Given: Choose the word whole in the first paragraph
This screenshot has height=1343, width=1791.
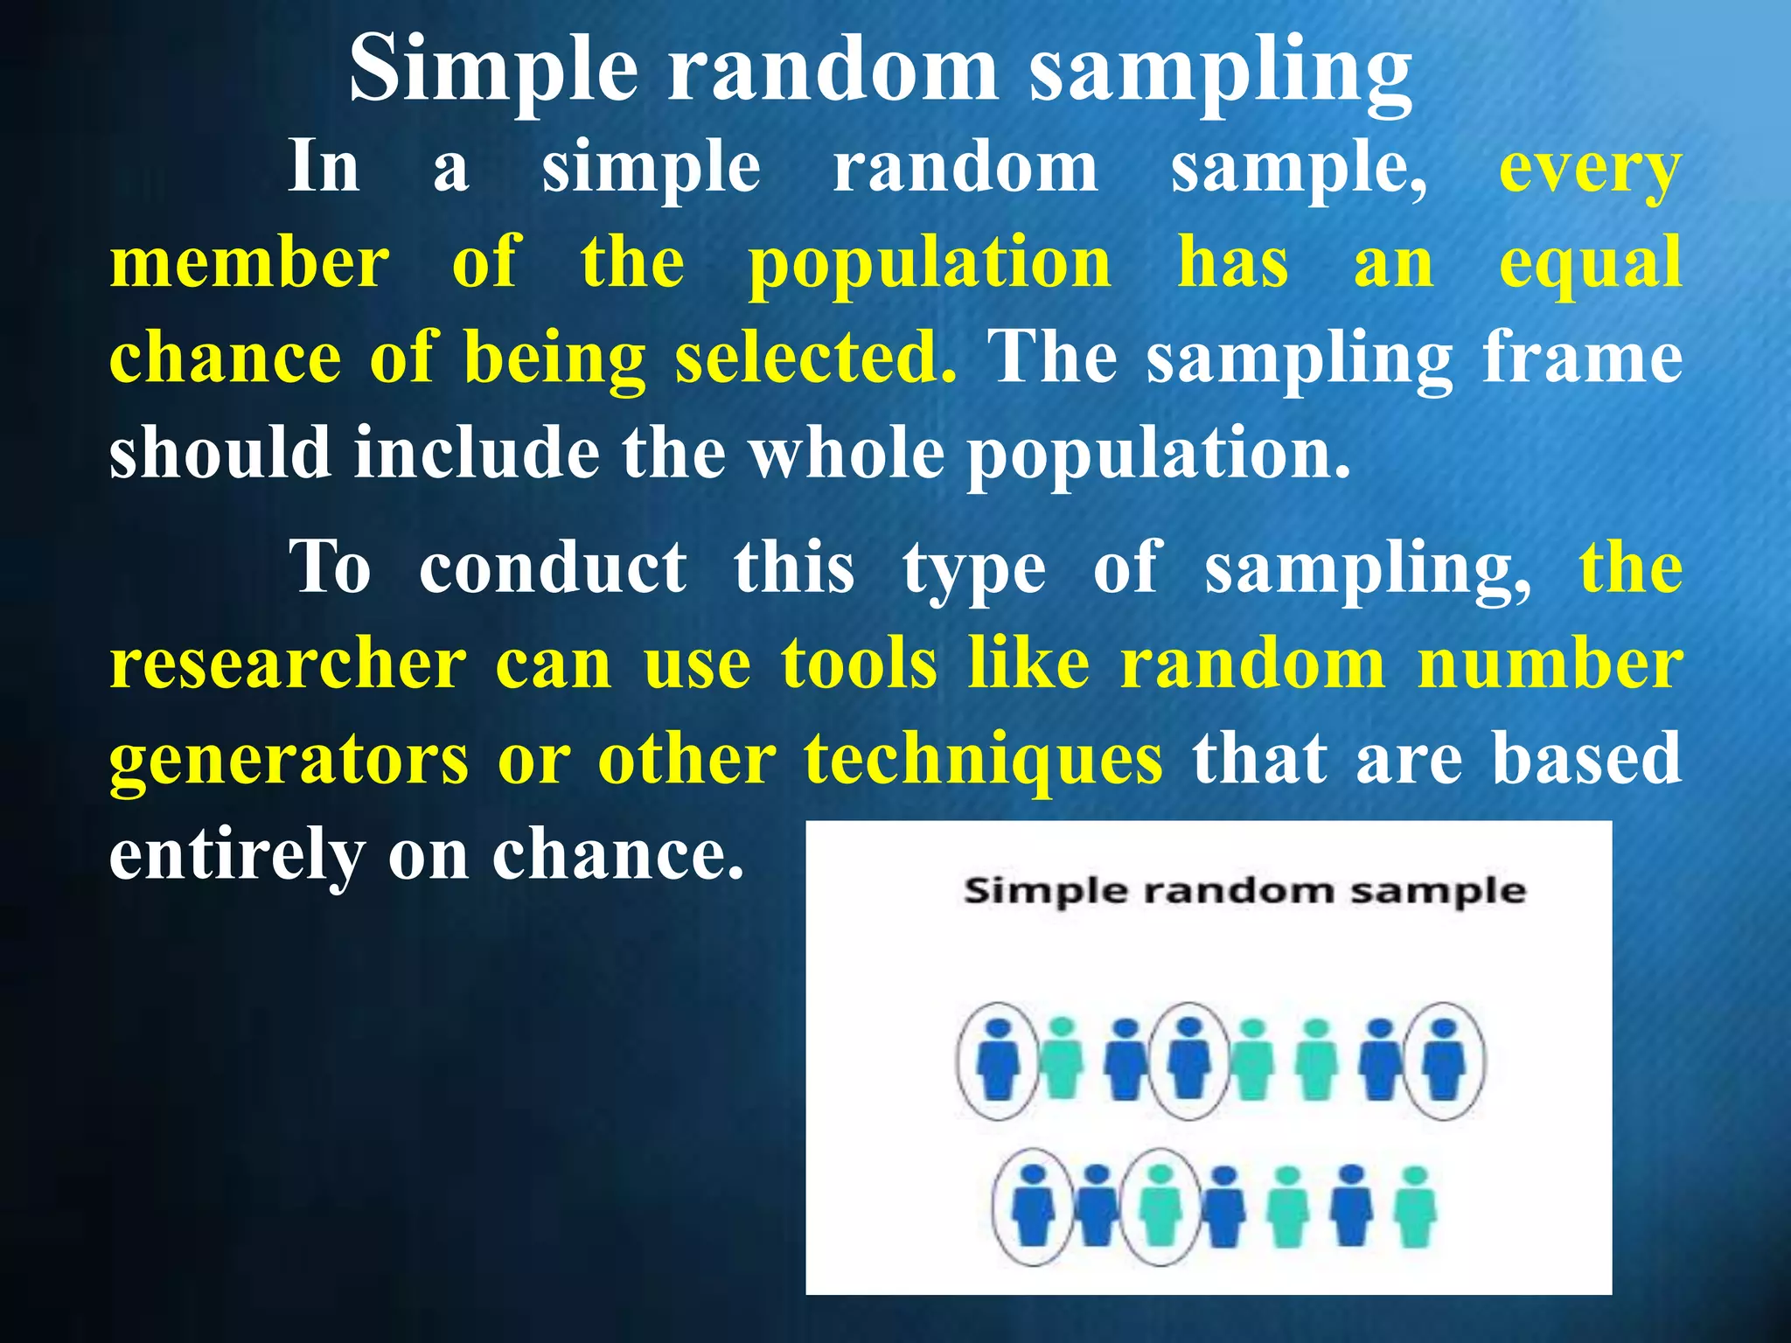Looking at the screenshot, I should coord(847,453).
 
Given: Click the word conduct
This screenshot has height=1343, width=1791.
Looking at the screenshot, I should coord(553,568).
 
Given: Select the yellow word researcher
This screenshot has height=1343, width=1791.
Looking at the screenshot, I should coord(288,665).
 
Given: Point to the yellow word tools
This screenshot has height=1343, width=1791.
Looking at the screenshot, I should coord(860,665).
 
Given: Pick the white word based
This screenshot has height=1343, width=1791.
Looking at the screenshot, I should coord(1586,759).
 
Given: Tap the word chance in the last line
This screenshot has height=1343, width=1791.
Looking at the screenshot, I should coord(617,855).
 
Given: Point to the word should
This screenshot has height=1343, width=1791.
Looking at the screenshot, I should coord(220,453).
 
